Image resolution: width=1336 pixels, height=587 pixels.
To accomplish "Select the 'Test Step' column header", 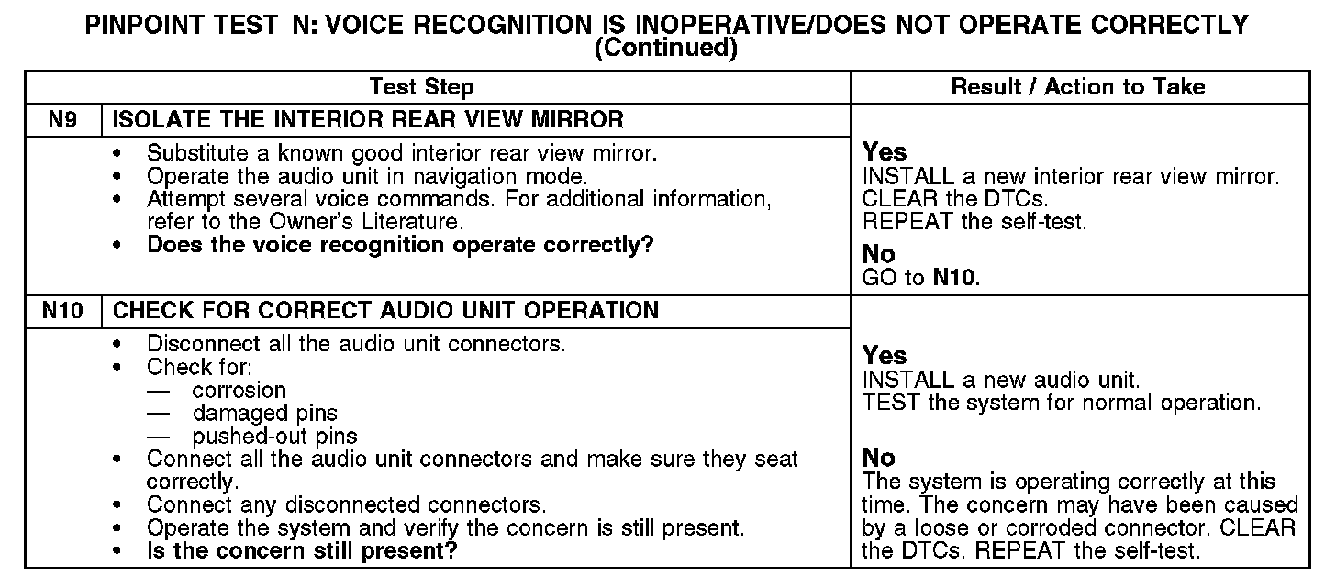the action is (x=421, y=87).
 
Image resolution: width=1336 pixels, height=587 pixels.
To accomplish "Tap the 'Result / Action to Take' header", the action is (x=1078, y=87).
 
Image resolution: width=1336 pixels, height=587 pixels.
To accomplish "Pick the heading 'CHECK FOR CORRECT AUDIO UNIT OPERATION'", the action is (x=385, y=310).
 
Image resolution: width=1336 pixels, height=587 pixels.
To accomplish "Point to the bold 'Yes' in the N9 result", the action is (x=885, y=152).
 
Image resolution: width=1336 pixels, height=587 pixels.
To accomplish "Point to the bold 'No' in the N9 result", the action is (x=878, y=254).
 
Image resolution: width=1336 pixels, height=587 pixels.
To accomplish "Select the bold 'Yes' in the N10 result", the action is (x=885, y=356).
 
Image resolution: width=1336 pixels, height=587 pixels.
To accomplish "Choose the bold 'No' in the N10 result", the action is (x=878, y=457).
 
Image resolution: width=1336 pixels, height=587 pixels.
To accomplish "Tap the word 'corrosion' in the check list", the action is (x=239, y=390).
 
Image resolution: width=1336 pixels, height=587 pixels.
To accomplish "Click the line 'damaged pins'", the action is (x=264, y=413).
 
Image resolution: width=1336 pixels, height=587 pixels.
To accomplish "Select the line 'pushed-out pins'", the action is (x=274, y=436).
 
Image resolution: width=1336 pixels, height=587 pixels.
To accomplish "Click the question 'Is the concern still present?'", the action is (x=303, y=551).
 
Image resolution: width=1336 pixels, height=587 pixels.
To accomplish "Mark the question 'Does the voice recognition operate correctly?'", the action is (x=400, y=245).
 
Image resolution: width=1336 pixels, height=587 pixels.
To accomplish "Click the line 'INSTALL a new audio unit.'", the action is (x=1001, y=379).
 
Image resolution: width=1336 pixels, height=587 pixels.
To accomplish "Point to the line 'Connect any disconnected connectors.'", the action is (x=346, y=504).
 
